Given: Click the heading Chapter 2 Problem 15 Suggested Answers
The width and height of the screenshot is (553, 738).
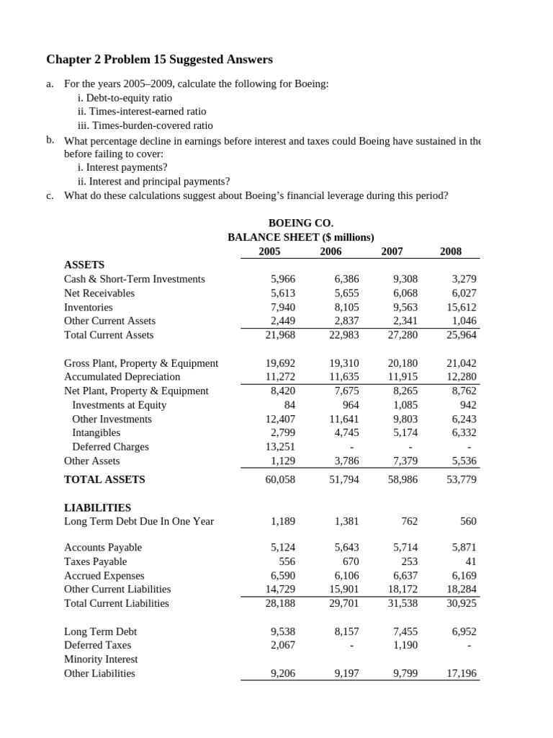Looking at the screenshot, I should tap(159, 59).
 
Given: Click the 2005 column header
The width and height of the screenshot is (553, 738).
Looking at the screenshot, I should tap(269, 251).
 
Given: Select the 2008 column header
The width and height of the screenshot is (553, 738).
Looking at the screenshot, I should tap(451, 251).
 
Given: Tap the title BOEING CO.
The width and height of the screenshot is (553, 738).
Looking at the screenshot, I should tap(300, 223).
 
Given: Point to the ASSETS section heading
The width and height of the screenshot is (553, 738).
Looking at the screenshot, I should tap(84, 264).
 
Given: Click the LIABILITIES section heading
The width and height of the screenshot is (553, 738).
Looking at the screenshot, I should tap(97, 507).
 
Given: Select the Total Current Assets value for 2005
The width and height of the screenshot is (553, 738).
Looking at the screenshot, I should tap(280, 335).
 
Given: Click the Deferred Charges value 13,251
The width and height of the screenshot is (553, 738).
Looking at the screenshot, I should tap(280, 447).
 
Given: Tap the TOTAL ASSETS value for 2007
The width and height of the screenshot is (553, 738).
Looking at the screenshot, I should tap(403, 479).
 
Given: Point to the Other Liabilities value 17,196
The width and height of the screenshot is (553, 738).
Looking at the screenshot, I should tap(462, 673).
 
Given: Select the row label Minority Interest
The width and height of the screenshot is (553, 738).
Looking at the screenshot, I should tap(101, 659).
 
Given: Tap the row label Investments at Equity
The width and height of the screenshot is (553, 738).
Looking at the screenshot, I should tap(119, 405).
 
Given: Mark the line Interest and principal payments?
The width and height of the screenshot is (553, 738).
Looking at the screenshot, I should tap(153, 182).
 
